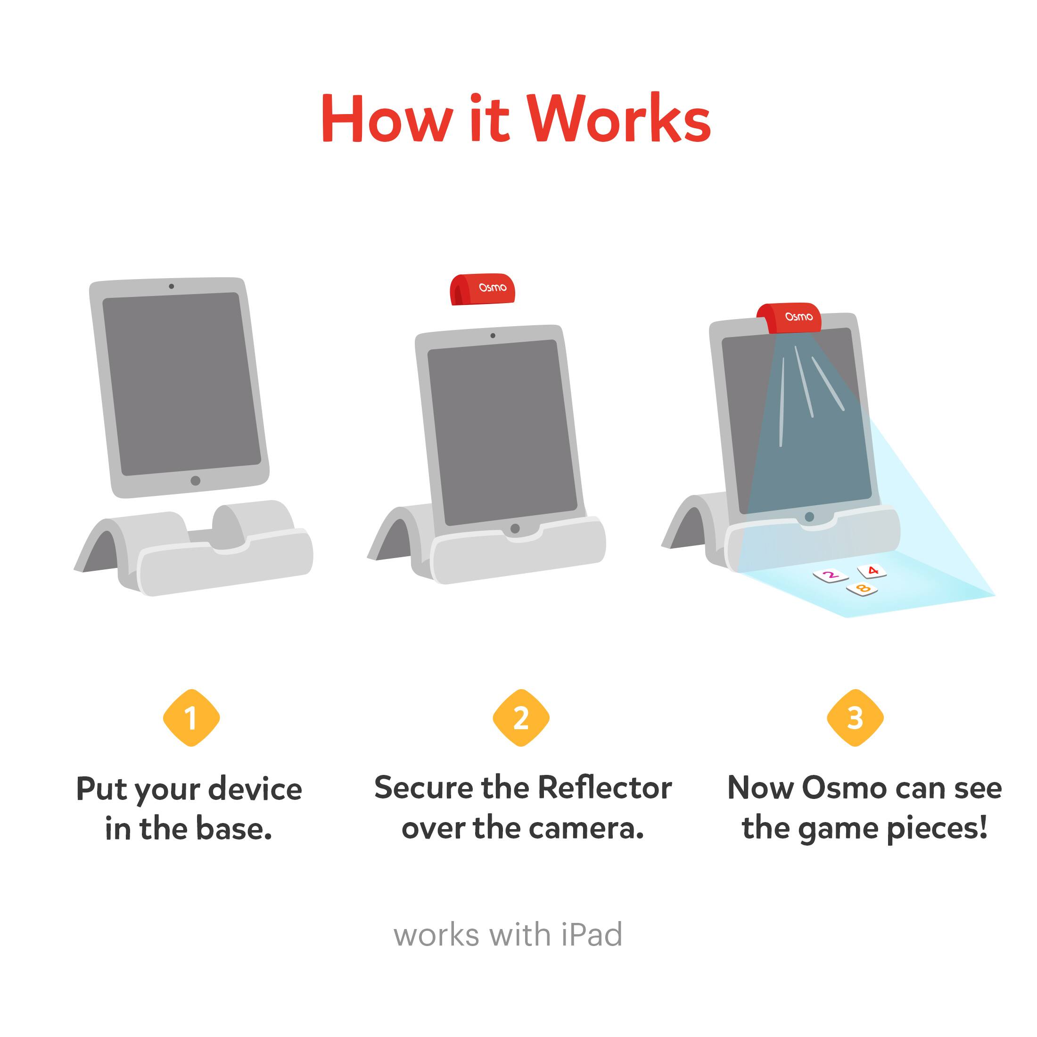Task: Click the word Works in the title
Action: (618, 119)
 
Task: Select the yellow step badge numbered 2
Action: (521, 717)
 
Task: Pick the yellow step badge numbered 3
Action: (855, 717)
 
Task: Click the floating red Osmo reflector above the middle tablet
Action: (482, 289)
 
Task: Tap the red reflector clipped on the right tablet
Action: (789, 318)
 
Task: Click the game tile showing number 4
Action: (872, 570)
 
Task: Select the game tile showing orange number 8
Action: (862, 589)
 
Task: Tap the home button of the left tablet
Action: (195, 480)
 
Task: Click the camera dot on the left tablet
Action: (171, 286)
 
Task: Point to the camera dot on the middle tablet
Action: (493, 336)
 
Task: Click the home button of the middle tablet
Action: (515, 528)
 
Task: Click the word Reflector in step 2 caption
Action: (605, 788)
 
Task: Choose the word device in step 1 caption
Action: (255, 790)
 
